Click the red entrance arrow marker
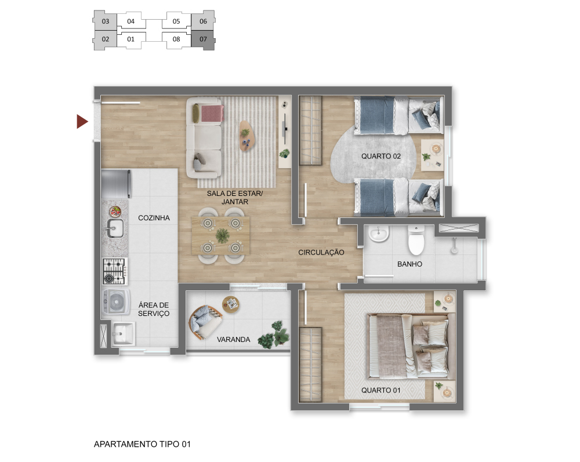pyautogui.click(x=82, y=122)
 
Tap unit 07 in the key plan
pyautogui.click(x=203, y=39)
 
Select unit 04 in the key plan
pyautogui.click(x=131, y=21)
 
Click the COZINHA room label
pyautogui.click(x=154, y=218)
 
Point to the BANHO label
pyautogui.click(x=409, y=264)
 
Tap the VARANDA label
pyautogui.click(x=233, y=339)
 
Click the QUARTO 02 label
pyautogui.click(x=381, y=157)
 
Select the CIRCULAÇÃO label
pyautogui.click(x=321, y=252)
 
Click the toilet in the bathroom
pyautogui.click(x=416, y=240)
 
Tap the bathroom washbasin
pyautogui.click(x=379, y=234)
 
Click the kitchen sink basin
pyautogui.click(x=115, y=228)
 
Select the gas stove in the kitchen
pyautogui.click(x=115, y=272)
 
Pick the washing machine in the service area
pyautogui.click(x=116, y=302)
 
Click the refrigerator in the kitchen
pyautogui.click(x=116, y=184)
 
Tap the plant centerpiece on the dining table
pyautogui.click(x=222, y=236)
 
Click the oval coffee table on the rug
pyautogui.click(x=246, y=136)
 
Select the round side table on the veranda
pyautogui.click(x=231, y=304)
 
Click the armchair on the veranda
pyautogui.click(x=205, y=322)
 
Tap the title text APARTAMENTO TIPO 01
pyautogui.click(x=143, y=444)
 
